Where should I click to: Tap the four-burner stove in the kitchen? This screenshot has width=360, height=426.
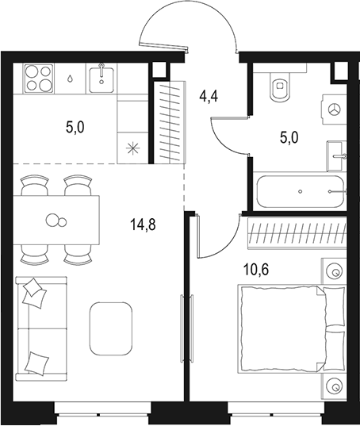pyautogui.click(x=37, y=79)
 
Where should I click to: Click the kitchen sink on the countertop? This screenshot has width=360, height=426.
pyautogui.click(x=104, y=79)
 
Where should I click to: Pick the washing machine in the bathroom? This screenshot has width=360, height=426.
pyautogui.click(x=334, y=109)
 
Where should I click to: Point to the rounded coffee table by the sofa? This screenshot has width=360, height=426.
pyautogui.click(x=111, y=328)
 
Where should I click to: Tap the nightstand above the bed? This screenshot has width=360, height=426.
pyautogui.click(x=334, y=272)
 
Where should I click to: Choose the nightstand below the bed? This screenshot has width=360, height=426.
pyautogui.click(x=334, y=386)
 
